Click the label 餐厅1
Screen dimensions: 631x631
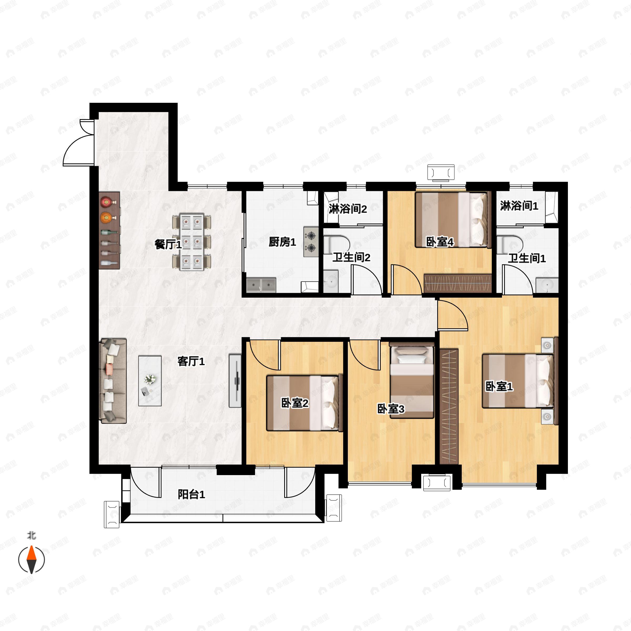(x=168, y=244)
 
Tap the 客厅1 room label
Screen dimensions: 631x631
(x=191, y=362)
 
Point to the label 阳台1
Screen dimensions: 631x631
(x=191, y=495)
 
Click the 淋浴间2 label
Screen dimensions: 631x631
(x=348, y=209)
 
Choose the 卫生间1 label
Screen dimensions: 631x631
(x=526, y=258)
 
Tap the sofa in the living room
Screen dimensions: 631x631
(x=113, y=381)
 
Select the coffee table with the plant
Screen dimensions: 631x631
(x=150, y=381)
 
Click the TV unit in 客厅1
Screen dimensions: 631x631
(x=235, y=381)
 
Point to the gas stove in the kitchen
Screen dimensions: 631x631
(x=311, y=242)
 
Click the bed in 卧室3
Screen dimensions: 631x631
(x=412, y=380)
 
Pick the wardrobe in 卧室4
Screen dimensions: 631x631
(x=457, y=283)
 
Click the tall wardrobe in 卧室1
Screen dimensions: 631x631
(x=449, y=406)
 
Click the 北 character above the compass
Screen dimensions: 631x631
(x=31, y=535)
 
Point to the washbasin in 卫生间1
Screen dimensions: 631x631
(x=547, y=285)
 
